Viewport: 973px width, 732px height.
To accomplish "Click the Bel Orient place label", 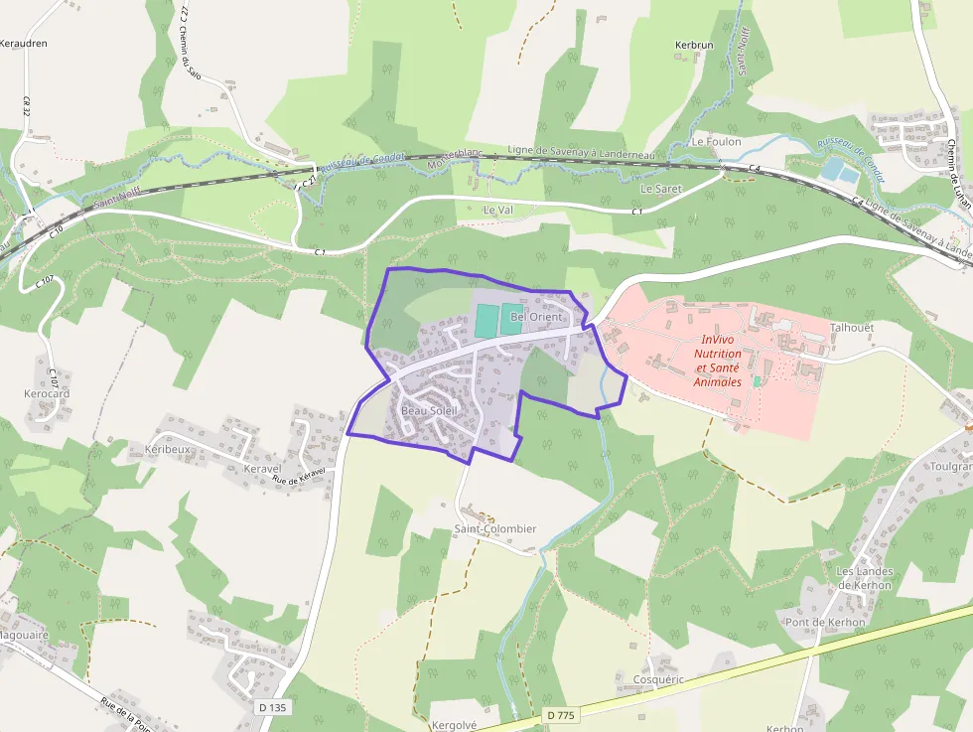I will [536, 317].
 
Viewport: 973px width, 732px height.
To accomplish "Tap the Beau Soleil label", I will [429, 410].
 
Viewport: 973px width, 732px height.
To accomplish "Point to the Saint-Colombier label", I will [494, 528].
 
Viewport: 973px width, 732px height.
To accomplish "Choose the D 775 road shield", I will [560, 715].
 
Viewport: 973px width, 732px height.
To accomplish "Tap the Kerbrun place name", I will [694, 46].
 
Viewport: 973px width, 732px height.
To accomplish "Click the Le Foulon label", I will [717, 142].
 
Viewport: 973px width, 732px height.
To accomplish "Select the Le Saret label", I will [661, 188].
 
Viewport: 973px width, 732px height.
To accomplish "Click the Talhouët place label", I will [852, 327].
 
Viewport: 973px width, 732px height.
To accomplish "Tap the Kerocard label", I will [47, 394].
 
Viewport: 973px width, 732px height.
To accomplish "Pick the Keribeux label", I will [167, 449].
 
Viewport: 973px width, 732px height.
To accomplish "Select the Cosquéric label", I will [658, 679].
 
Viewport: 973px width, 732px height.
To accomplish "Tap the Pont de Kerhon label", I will [825, 622].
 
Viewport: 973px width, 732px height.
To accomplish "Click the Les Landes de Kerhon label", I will [865, 578].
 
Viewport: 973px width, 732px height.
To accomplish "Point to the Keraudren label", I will [24, 44].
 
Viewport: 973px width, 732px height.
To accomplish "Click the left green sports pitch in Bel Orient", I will [486, 320].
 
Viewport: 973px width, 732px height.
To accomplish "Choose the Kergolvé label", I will [455, 725].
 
